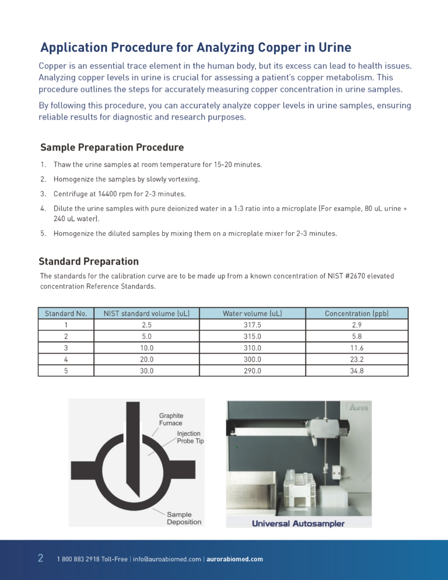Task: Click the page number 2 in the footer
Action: (41, 558)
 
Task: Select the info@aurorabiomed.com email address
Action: (167, 559)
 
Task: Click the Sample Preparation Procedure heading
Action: (112, 148)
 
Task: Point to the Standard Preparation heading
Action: (89, 261)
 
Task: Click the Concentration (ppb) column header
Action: (356, 313)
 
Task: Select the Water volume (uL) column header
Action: (252, 313)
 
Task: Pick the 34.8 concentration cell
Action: (356, 371)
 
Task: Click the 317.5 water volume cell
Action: (252, 324)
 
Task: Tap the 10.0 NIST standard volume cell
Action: (147, 348)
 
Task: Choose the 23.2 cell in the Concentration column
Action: (356, 359)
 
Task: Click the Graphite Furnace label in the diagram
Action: (171, 420)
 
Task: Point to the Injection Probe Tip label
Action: (190, 438)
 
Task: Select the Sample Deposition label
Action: (184, 518)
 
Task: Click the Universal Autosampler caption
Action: (298, 523)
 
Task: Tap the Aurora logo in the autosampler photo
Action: (358, 407)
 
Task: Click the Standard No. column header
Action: (66, 313)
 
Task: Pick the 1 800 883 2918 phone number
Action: (79, 559)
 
